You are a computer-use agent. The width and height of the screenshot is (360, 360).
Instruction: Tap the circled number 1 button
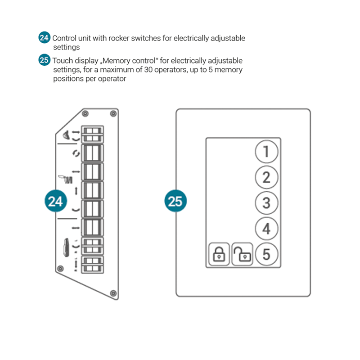pyautogui.click(x=266, y=151)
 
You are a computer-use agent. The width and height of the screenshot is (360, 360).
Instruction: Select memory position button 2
pyautogui.click(x=266, y=177)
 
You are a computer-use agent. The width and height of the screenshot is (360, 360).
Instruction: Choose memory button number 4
pyautogui.click(x=266, y=229)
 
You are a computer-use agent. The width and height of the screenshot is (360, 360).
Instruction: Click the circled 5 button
pyautogui.click(x=266, y=255)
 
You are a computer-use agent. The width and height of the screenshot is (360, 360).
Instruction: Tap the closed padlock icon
pyautogui.click(x=219, y=255)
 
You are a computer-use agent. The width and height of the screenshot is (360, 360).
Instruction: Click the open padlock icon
pyautogui.click(x=243, y=255)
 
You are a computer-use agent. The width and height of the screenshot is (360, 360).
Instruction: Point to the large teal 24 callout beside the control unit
pyautogui.click(x=56, y=201)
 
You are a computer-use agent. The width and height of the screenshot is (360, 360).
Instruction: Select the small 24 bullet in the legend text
pyautogui.click(x=44, y=38)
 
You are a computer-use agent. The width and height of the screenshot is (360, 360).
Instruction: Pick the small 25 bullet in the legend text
pyautogui.click(x=44, y=60)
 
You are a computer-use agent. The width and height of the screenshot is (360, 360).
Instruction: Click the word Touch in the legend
pyautogui.click(x=62, y=61)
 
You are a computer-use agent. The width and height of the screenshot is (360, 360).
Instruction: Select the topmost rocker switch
pyautogui.click(x=92, y=134)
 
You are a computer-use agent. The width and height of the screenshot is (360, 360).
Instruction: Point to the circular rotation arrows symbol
pyautogui.click(x=76, y=153)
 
